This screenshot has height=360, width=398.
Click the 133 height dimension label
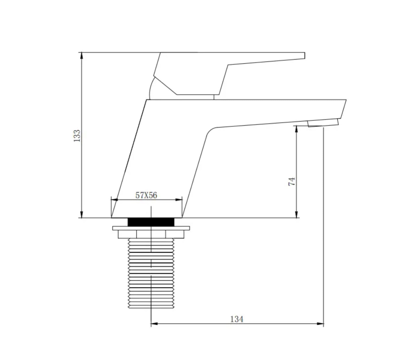[77, 136]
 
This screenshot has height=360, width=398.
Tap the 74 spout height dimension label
[292, 181]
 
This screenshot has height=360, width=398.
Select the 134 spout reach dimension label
[237, 319]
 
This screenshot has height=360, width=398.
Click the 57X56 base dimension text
[146, 195]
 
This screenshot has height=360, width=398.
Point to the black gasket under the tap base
[151, 222]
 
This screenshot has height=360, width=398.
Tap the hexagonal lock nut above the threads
[151, 234]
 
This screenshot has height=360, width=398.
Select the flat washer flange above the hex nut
[151, 228]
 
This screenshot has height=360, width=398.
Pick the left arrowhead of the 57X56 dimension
[114, 200]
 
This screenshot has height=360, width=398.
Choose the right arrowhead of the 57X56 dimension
[179, 200]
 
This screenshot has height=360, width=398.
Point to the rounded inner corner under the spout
[210, 131]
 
